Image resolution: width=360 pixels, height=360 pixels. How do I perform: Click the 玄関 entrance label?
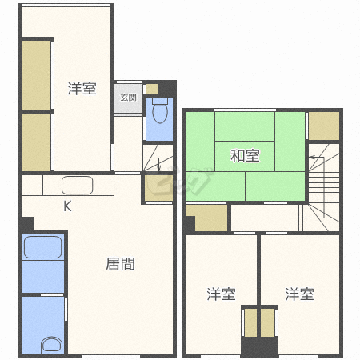click(x=128, y=98)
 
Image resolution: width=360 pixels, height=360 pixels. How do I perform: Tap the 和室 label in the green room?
click(x=245, y=156)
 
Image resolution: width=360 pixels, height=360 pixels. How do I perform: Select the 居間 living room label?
click(x=120, y=264)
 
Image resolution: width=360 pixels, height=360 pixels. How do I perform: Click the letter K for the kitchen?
click(x=67, y=206)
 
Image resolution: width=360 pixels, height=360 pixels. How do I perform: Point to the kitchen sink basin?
click(x=78, y=185)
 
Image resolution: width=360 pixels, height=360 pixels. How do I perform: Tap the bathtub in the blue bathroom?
click(x=43, y=247)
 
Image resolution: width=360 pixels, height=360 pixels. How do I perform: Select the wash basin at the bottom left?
click(x=52, y=346)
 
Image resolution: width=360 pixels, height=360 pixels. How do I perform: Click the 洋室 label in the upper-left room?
click(x=82, y=89)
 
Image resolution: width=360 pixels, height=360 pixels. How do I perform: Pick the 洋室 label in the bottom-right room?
click(x=299, y=294)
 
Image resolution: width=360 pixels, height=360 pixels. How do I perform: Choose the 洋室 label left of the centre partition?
click(x=221, y=294)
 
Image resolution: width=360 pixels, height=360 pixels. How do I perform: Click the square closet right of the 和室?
click(x=324, y=126)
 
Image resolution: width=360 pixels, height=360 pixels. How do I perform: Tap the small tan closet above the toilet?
click(x=152, y=89)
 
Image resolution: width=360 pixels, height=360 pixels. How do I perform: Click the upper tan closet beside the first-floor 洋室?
click(x=36, y=75)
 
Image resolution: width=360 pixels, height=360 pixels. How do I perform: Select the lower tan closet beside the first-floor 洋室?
click(x=36, y=142)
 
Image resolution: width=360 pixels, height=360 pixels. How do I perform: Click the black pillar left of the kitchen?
click(x=26, y=225)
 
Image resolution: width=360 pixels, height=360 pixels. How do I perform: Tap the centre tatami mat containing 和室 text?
click(x=245, y=156)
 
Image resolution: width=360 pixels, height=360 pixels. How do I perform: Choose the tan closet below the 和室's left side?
click(x=210, y=218)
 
